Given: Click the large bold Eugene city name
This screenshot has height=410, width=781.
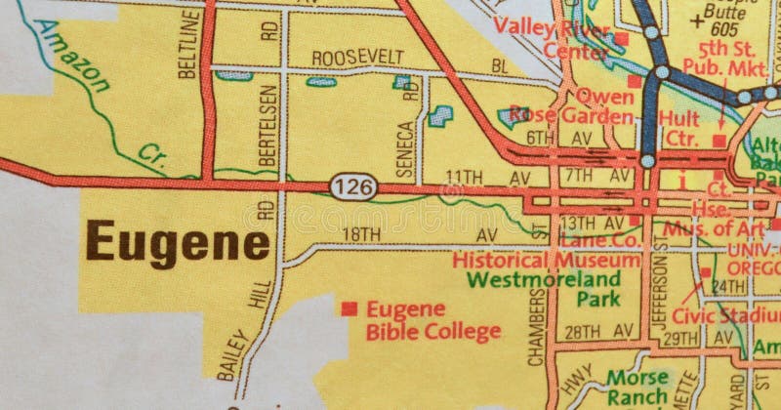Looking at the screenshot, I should click(177, 240).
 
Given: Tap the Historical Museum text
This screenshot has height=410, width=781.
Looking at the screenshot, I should click(548, 261).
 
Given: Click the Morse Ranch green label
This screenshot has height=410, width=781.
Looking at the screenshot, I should click(637, 386).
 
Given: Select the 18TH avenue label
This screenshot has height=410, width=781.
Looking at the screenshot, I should click(361, 235).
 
